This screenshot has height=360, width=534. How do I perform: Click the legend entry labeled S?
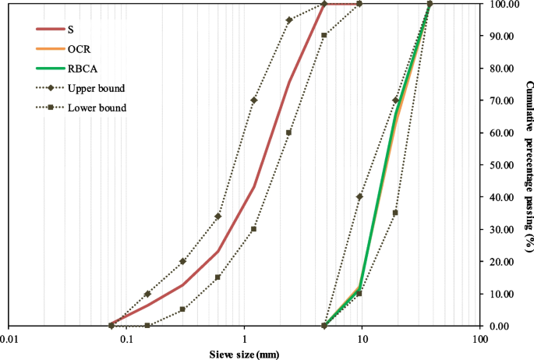coord(71,30)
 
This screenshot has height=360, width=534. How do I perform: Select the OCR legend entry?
coord(78,49)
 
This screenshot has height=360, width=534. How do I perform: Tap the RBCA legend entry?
coord(81,69)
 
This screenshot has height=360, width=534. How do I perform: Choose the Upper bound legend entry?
coord(96,88)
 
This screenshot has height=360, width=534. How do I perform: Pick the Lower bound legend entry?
coord(97,108)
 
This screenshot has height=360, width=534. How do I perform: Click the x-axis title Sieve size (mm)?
coord(245,355)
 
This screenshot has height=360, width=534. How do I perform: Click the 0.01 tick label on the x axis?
coord(9,339)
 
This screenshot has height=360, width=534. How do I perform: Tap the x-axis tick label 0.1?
coord(126,339)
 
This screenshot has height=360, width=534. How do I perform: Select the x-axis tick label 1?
coord(245,339)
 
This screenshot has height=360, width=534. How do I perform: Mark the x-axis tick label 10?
coord(362,339)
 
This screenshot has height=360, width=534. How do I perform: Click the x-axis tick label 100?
coord(479,339)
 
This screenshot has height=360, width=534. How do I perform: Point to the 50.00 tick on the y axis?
coord(499,165)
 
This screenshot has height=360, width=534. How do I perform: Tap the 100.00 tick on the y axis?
coord(500,4)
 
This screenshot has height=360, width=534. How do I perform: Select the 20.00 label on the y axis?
coord(499,262)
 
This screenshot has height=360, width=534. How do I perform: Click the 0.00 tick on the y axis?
coord(497,326)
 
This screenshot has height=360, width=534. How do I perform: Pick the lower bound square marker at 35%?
coord(395,213)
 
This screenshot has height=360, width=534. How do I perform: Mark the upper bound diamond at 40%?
coord(359,197)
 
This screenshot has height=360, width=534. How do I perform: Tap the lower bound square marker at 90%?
coord(324,36)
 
